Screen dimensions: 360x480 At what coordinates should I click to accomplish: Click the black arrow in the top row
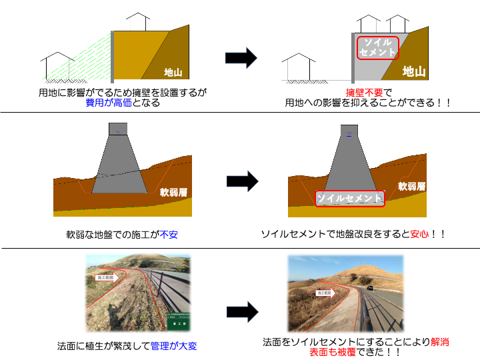[241, 58]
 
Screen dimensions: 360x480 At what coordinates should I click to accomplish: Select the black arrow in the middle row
[241, 181]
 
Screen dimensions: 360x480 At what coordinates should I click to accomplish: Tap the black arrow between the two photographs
[241, 311]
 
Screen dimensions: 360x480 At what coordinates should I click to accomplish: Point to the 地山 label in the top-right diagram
[414, 71]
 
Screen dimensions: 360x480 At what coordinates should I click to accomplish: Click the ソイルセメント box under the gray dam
[349, 198]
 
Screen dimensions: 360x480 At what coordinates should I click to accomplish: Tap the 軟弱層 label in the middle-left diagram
[173, 192]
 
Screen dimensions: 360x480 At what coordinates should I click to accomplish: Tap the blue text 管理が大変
[173, 346]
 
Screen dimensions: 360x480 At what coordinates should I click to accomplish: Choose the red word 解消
[439, 342]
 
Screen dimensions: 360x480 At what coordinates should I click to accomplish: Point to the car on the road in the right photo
[370, 288]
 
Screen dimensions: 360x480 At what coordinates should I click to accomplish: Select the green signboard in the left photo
[178, 321]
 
